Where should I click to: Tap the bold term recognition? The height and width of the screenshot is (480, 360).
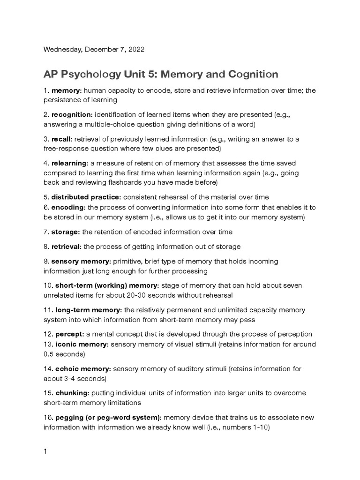pyautogui.click(x=72, y=115)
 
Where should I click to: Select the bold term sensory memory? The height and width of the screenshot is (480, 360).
pyautogui.click(x=81, y=261)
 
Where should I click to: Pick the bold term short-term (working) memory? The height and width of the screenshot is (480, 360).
pyautogui.click(x=107, y=285)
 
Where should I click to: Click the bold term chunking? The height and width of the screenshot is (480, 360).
pyautogui.click(x=72, y=393)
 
